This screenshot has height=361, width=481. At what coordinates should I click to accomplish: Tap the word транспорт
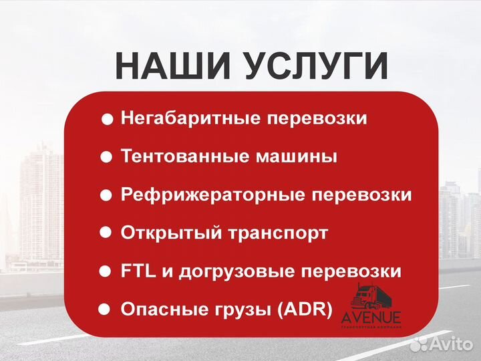[x=279, y=233]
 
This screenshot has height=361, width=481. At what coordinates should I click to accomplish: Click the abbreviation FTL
[x=138, y=272]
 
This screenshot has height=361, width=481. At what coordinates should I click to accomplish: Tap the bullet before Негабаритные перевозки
[x=107, y=120]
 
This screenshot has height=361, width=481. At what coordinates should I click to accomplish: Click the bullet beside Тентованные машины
[x=106, y=158]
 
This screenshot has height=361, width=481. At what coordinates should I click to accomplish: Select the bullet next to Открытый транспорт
[x=106, y=233]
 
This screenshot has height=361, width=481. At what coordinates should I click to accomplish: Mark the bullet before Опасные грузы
[x=104, y=310]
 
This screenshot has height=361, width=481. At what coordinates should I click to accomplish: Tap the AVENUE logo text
[x=371, y=316]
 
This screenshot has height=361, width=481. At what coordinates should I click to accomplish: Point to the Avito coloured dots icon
[x=420, y=344]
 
